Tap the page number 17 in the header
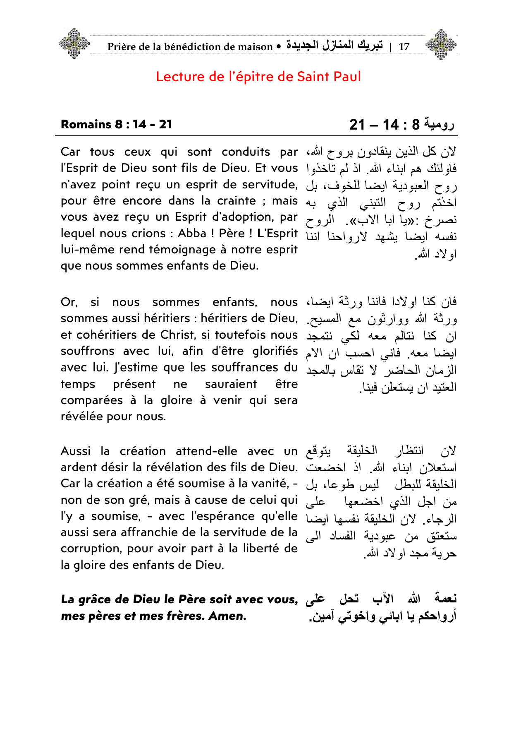[x=404, y=46]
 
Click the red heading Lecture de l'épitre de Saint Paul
[x=258, y=77]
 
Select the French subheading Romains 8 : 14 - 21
[x=116, y=124]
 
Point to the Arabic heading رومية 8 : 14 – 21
[x=401, y=124]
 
